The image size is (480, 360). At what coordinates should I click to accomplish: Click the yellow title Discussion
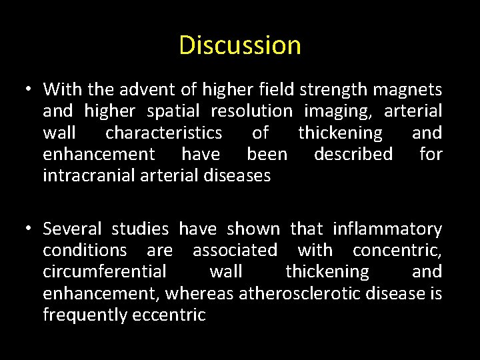pyautogui.click(x=240, y=45)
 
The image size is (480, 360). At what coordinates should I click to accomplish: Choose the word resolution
pyautogui.click(x=251, y=111)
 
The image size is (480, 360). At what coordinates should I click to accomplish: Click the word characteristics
pyautogui.click(x=163, y=133)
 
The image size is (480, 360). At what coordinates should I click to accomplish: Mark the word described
pyautogui.click(x=353, y=155)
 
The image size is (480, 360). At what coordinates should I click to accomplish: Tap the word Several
pyautogui.click(x=72, y=229)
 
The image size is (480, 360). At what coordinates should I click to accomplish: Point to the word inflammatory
pyautogui.click(x=387, y=229)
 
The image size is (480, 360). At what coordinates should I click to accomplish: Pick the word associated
pyautogui.click(x=235, y=251)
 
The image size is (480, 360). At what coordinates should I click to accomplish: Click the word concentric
pyautogui.click(x=396, y=251)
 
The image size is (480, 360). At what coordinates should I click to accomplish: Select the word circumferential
pyautogui.click(x=105, y=272)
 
